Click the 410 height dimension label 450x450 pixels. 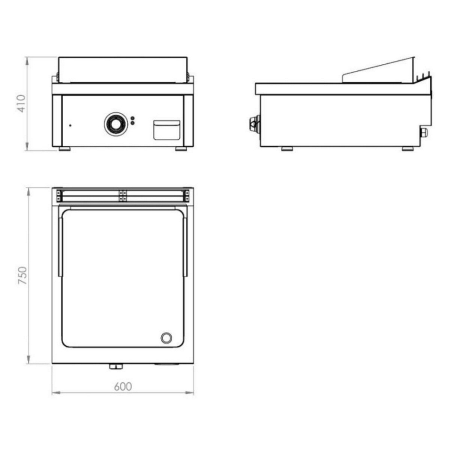[x=21, y=103]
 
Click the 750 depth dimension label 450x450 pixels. [x=22, y=276]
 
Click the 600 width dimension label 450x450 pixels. [x=123, y=387]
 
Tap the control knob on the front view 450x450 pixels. [x=116, y=124]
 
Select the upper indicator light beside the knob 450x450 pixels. [x=133, y=118]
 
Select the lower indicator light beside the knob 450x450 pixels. [x=133, y=123]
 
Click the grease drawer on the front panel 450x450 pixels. [x=167, y=130]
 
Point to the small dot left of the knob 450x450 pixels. [x=70, y=125]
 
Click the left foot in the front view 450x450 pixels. [x=65, y=149]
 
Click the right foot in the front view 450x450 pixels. [x=181, y=149]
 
